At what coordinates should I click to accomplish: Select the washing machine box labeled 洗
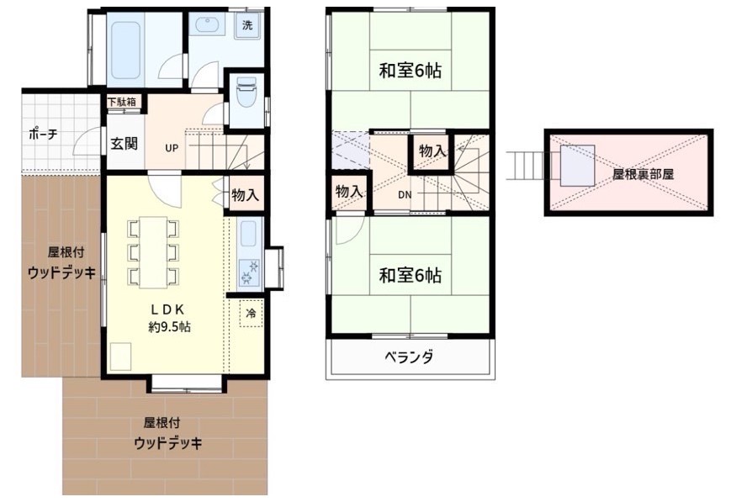tap(247, 25)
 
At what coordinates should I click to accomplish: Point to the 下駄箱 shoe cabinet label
tap(122, 102)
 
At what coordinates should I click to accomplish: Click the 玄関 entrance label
tap(124, 143)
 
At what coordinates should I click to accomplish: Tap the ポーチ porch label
tap(43, 135)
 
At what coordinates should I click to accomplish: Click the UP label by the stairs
tap(172, 148)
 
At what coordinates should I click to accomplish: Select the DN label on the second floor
tap(405, 195)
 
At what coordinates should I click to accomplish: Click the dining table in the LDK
tap(153, 252)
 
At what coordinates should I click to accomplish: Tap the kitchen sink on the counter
tap(247, 234)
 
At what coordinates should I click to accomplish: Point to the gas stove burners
tap(248, 272)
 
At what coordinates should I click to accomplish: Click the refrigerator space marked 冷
tap(251, 313)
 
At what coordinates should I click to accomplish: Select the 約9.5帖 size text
tap(169, 327)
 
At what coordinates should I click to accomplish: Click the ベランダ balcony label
tap(410, 357)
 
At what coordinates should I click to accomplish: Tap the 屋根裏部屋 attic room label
tap(643, 174)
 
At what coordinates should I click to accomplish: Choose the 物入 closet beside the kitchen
tap(246, 194)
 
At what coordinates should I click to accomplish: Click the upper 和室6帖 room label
tap(411, 71)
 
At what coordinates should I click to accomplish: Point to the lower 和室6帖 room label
tap(411, 276)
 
